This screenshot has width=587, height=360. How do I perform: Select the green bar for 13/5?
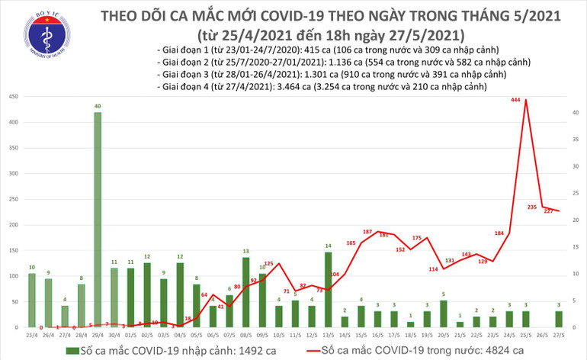328,290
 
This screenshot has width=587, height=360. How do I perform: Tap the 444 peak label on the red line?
515,100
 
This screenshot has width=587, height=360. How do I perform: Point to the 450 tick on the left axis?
12,97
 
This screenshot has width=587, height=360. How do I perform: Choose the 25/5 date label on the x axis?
525,336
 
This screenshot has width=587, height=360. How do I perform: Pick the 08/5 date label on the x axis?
245,336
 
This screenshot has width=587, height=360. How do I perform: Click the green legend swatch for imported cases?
74,349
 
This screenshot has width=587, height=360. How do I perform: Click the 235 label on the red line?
532,207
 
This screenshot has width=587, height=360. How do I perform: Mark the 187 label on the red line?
367,231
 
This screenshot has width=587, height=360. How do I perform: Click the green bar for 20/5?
443,313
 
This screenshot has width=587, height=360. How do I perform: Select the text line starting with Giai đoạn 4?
321,88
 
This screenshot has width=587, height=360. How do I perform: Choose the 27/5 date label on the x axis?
559,336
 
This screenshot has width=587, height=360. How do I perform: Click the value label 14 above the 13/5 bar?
328,246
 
